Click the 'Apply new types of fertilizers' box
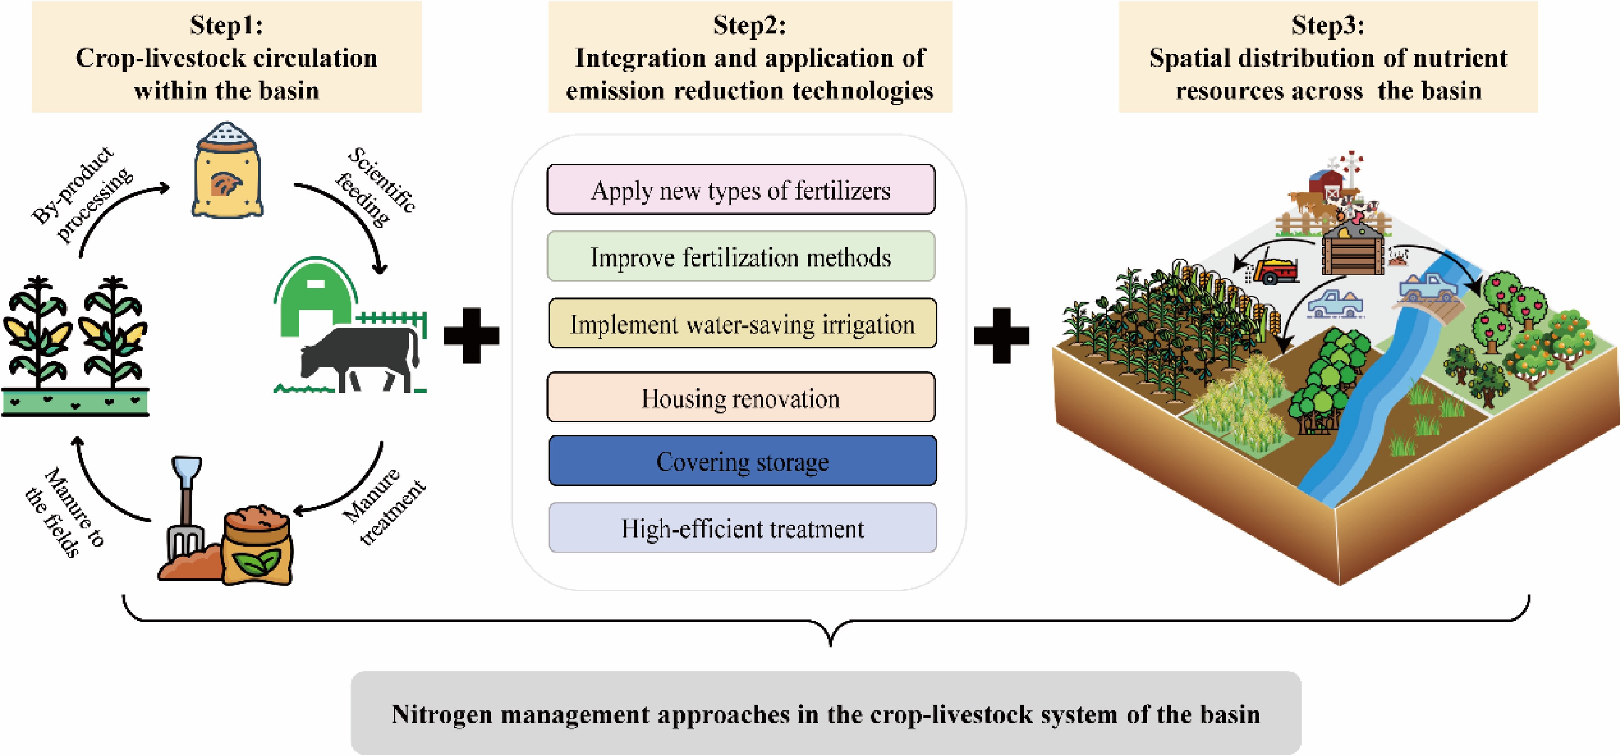click(741, 190)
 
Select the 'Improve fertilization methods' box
click(741, 256)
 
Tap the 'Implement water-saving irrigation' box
click(742, 324)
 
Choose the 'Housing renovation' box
click(741, 397)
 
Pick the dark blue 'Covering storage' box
click(742, 461)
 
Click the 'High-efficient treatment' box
click(742, 528)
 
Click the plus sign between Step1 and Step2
click(471, 335)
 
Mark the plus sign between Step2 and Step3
click(1001, 335)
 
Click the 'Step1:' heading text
click(226, 25)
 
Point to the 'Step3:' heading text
click(1328, 25)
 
